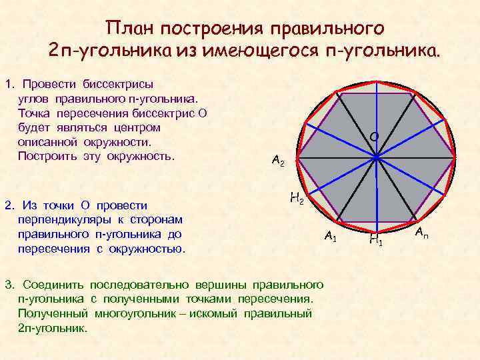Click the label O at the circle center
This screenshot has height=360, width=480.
point(374,137)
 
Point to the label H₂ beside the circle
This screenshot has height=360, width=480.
point(297,198)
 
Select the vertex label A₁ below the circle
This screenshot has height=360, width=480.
point(331,235)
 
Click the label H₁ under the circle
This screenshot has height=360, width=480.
point(375,239)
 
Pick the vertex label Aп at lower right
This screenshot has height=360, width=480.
point(422,233)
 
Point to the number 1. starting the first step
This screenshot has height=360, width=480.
point(9,85)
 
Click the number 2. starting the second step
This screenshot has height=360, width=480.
point(9,205)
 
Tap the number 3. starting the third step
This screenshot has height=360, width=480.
point(9,285)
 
